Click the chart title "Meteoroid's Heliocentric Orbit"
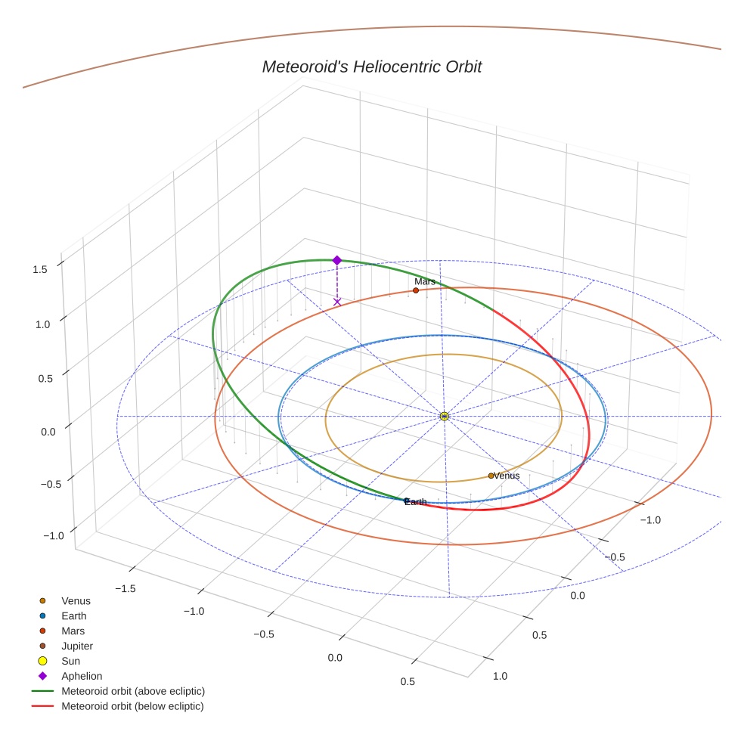(371, 67)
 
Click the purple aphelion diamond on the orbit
(337, 260)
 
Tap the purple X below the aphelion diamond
(337, 302)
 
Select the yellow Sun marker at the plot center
(445, 417)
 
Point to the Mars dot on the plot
(416, 290)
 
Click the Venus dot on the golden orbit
(491, 476)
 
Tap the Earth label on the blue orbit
(416, 502)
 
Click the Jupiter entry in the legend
(77, 646)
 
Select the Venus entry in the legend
(76, 600)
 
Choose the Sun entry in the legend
(71, 661)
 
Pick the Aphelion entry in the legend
(82, 676)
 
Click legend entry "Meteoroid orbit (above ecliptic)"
(133, 691)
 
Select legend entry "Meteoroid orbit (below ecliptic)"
(132, 706)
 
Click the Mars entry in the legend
(73, 631)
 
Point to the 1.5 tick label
(40, 269)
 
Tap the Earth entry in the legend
(73, 615)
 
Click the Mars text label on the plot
(425, 282)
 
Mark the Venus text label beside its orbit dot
(507, 476)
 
